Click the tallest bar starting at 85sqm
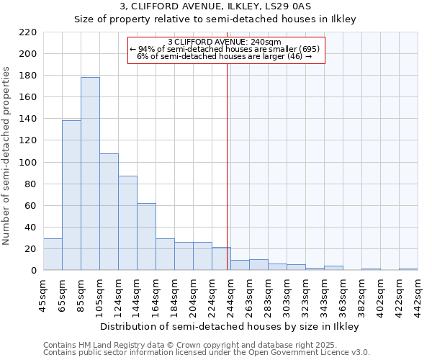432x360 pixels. pos(90,174)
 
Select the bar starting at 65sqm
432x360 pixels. pos(71,195)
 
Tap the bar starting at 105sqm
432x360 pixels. pos(109,212)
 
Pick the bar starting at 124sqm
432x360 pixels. pos(127,222)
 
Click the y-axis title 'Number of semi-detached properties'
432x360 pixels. pos(7,156)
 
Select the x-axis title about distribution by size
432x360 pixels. pos(229,327)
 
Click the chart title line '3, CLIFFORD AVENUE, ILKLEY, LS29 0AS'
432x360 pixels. pos(215,7)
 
